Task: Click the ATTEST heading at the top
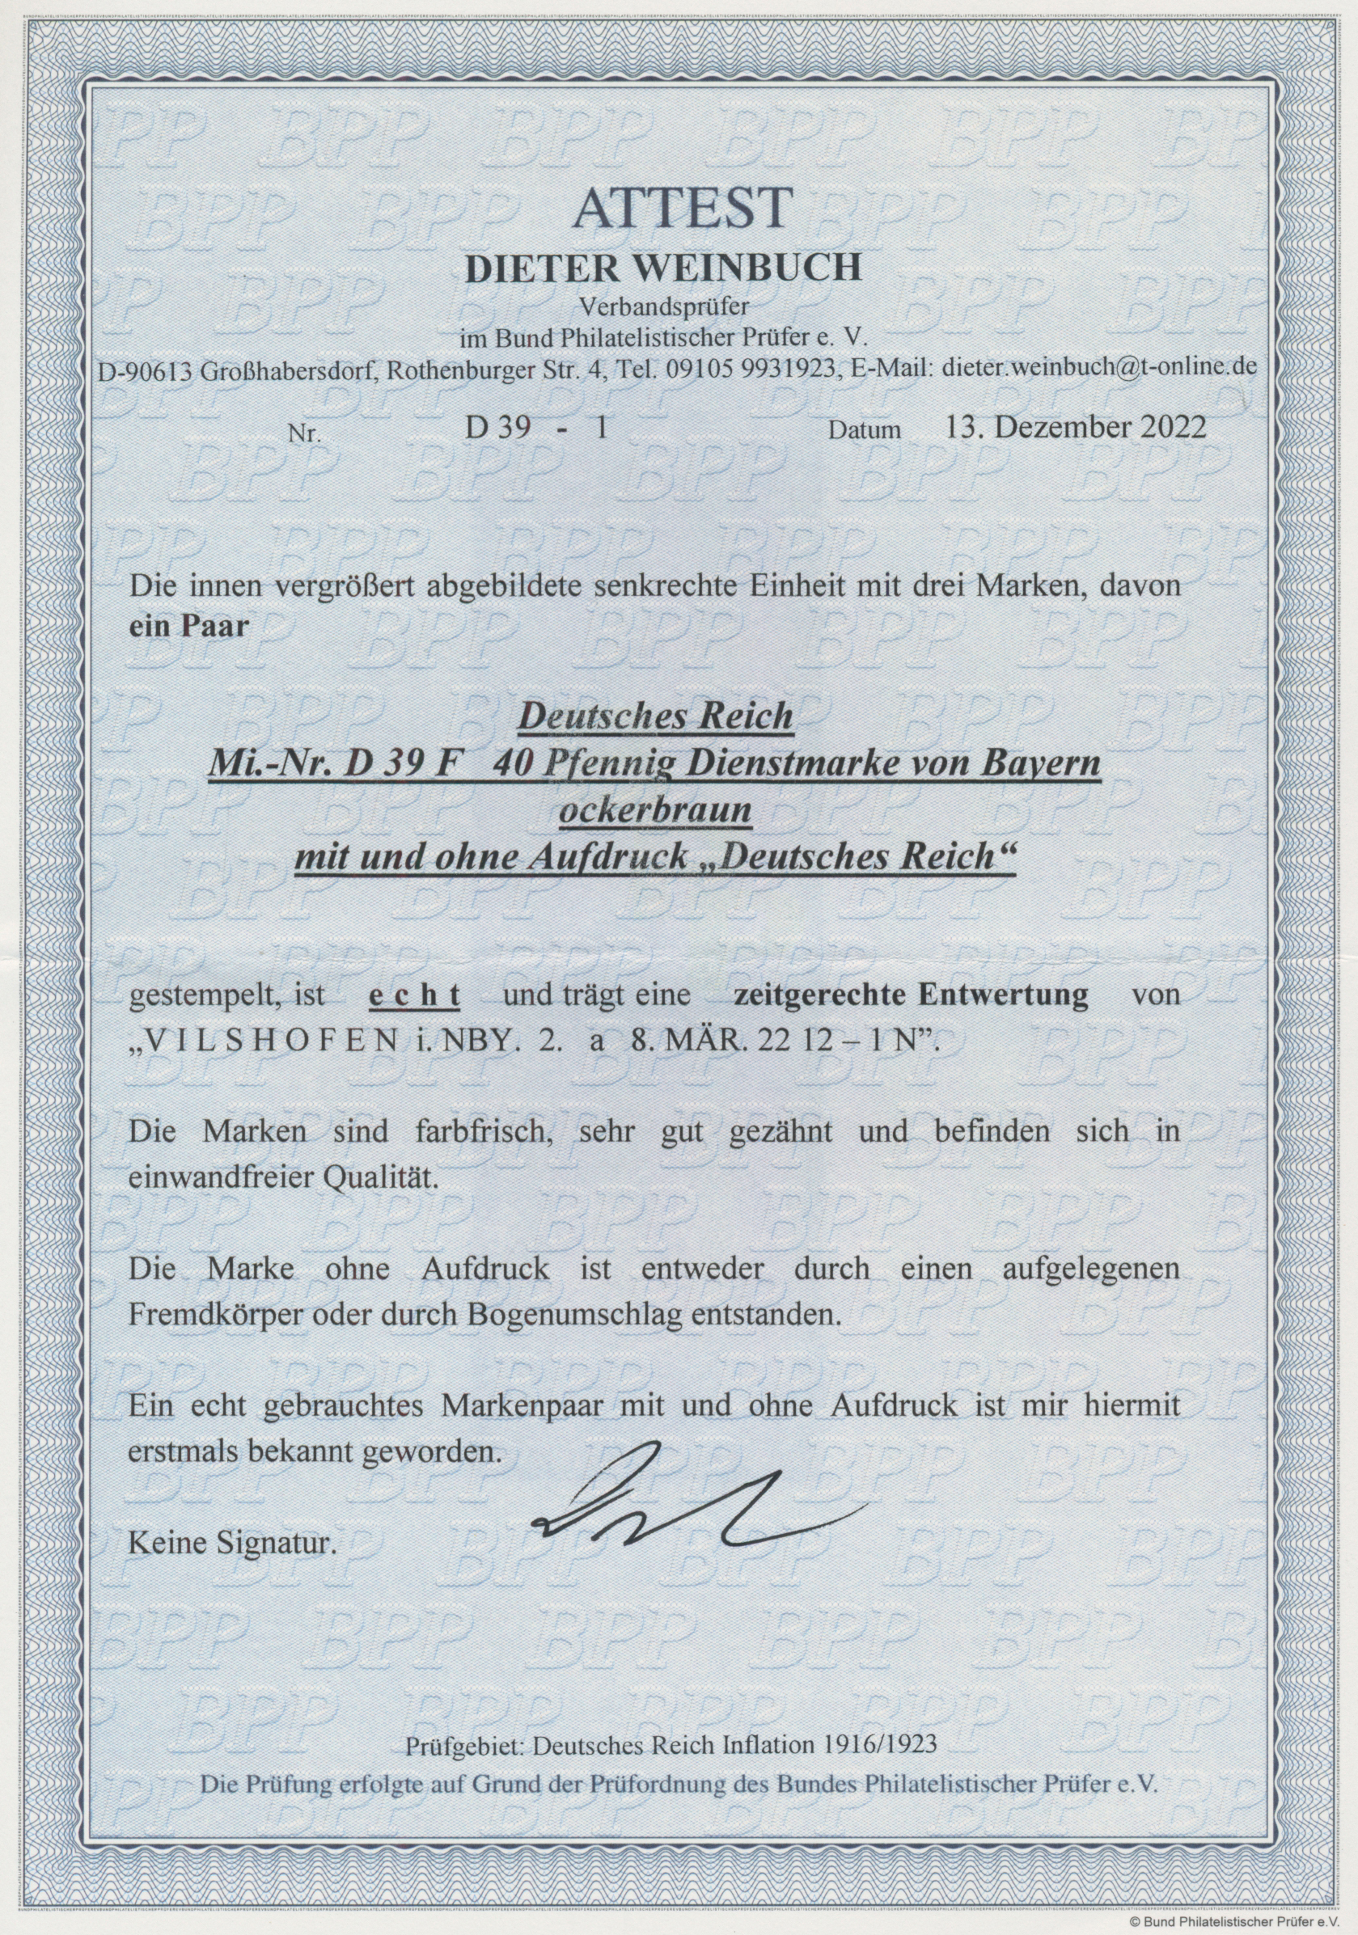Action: (683, 207)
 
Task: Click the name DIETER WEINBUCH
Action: (664, 268)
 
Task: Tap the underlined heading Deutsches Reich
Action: (654, 717)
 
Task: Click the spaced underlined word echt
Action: (417, 995)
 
